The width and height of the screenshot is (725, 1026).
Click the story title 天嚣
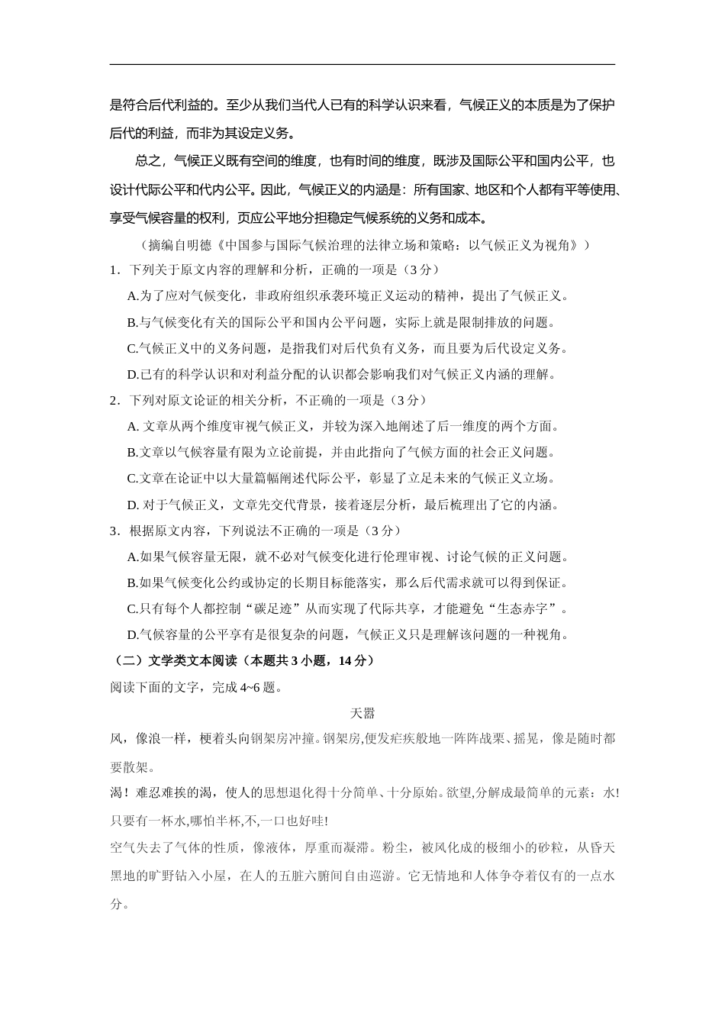[x=362, y=713]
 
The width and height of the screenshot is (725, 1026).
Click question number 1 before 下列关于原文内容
[x=114, y=269]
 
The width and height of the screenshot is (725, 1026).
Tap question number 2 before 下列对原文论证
[x=114, y=400]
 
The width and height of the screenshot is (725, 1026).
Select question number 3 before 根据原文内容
[x=114, y=531]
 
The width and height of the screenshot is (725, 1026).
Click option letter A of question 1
[x=131, y=295]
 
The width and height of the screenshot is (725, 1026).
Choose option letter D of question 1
[x=131, y=374]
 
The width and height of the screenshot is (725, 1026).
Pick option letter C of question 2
[x=131, y=479]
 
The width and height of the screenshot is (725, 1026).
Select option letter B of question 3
[x=131, y=583]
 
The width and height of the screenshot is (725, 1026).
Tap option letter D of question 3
[x=131, y=635]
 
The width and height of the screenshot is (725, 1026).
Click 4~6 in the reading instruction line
[x=249, y=687]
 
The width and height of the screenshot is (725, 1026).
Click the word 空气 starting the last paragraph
[x=123, y=848]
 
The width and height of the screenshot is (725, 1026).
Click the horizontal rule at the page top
[x=362, y=65]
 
